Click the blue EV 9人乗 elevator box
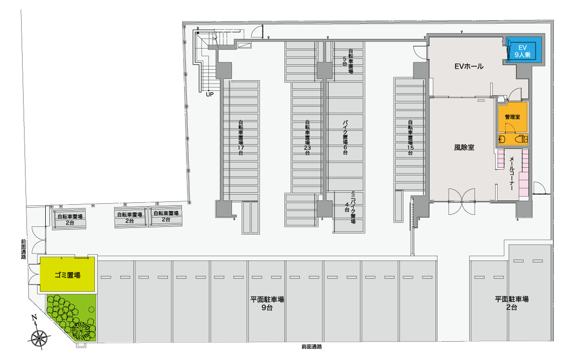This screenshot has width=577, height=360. pos(524,50)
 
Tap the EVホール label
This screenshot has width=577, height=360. pos(469,66)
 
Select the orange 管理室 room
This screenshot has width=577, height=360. pos(513,117)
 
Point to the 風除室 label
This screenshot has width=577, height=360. pos(464,148)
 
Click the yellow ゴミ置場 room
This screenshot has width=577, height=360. pos(67,274)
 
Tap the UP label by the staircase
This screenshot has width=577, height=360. pos(210,95)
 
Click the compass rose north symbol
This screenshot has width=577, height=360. pos(39,335)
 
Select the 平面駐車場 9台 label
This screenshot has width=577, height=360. pos(267,303)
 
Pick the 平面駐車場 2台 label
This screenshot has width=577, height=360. pos(512,303)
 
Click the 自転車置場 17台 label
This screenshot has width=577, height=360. pos(240,137)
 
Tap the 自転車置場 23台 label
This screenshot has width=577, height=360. pos(307,137)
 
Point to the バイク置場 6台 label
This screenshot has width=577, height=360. pos(345,137)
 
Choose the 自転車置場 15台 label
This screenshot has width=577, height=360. pos(410,137)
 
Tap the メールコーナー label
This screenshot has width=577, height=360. pos(512,174)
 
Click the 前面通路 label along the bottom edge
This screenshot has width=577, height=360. pos(312,347)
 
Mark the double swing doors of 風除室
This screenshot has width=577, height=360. pos(462,202)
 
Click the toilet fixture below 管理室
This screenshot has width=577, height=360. pos(522,139)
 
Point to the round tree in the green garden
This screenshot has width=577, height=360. pos(91,310)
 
